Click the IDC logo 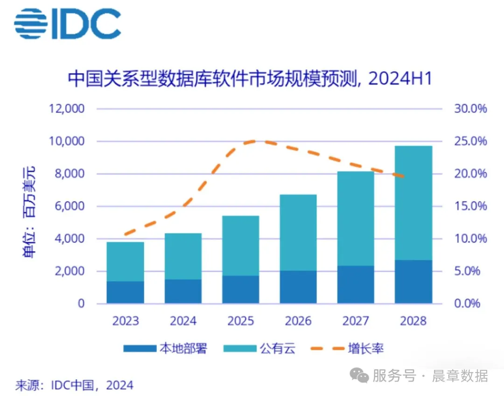67,23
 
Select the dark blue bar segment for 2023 125,292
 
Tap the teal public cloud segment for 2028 413,203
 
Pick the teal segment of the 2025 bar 241,246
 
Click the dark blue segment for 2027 356,285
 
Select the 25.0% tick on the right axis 470,141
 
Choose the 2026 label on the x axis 298,321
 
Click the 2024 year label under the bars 183,321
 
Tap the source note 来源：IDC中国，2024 74,385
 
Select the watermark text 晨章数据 460,375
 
